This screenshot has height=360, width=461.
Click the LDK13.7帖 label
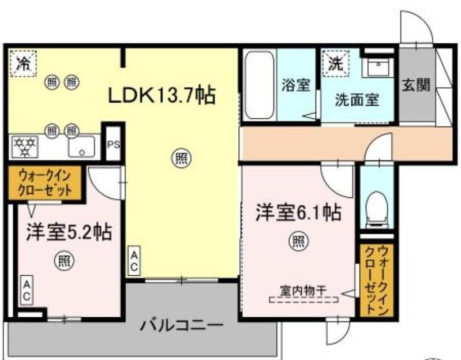[x=162, y=95]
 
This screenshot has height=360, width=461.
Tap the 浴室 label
[x=296, y=85]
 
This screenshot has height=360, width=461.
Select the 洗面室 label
[x=357, y=99]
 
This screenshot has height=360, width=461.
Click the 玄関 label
[x=415, y=85]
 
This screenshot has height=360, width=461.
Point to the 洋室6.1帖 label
[x=298, y=212]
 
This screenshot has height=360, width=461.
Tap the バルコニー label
[x=181, y=326]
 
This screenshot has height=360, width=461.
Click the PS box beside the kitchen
[x=114, y=144]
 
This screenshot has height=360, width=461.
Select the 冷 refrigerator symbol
[x=23, y=63]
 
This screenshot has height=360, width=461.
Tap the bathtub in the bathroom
[x=259, y=85]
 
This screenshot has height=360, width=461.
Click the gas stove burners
[x=25, y=147]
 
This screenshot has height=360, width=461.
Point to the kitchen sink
[x=81, y=147]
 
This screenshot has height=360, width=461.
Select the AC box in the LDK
[x=133, y=261]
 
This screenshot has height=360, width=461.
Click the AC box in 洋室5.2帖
[x=27, y=290]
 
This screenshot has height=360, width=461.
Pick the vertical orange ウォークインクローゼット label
[x=376, y=280]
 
